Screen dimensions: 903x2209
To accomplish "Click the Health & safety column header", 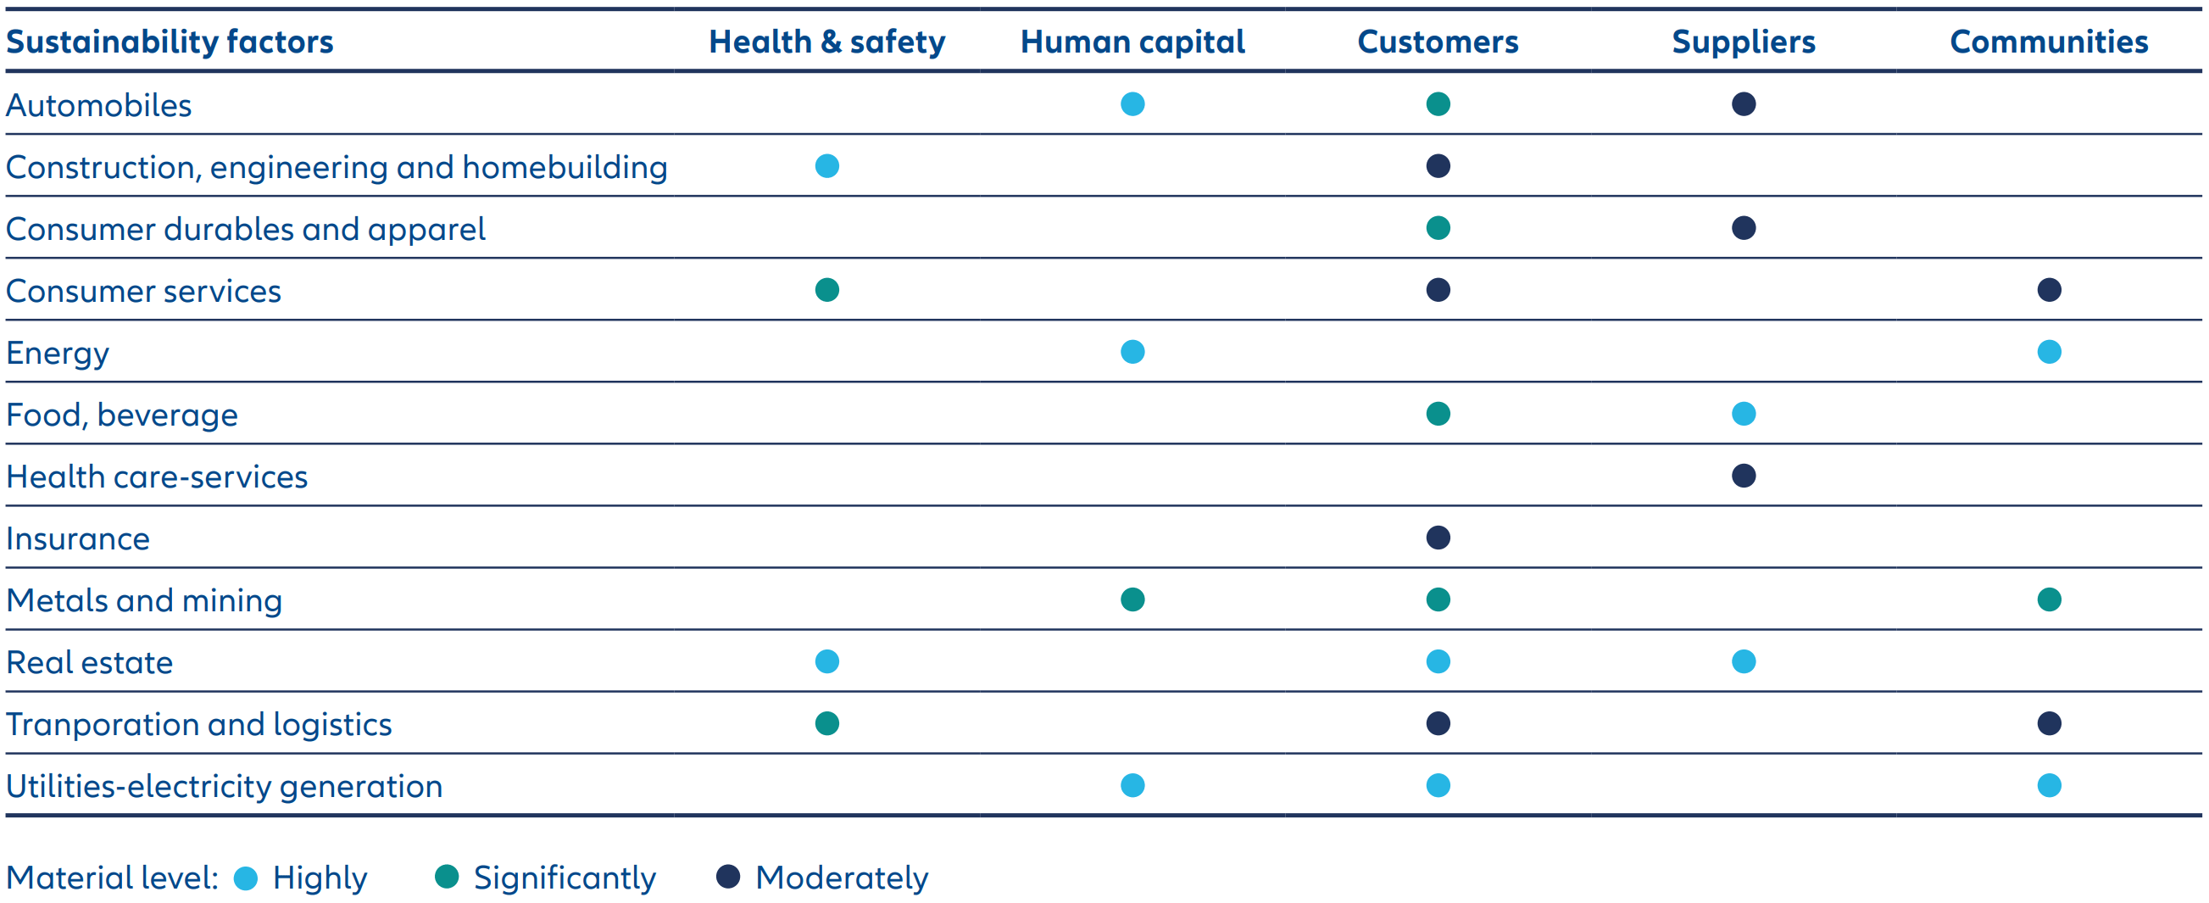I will point(826,42).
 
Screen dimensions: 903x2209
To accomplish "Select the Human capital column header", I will point(1132,42).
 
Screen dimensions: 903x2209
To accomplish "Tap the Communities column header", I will point(2049,42).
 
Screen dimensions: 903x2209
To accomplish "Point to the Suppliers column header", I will point(1744,42).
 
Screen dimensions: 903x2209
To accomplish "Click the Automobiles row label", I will point(98,105).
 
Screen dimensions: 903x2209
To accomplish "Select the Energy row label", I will point(58,354).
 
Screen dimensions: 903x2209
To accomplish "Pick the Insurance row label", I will point(78,539).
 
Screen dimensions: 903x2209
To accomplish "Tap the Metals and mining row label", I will point(144,601).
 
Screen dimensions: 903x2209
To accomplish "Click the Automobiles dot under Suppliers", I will point(1744,104).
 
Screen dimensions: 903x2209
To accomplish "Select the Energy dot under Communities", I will point(2049,353).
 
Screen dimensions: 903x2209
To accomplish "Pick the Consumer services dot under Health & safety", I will point(826,290).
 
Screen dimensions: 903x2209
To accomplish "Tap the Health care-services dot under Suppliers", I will point(1744,476).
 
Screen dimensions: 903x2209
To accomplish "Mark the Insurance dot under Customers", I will point(1438,538).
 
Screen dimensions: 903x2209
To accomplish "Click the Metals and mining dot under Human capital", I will point(1132,599).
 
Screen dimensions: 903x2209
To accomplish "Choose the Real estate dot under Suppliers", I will point(1744,662).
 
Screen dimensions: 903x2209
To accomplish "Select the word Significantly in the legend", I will point(565,878).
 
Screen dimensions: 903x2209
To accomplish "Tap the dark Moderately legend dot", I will point(728,878).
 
